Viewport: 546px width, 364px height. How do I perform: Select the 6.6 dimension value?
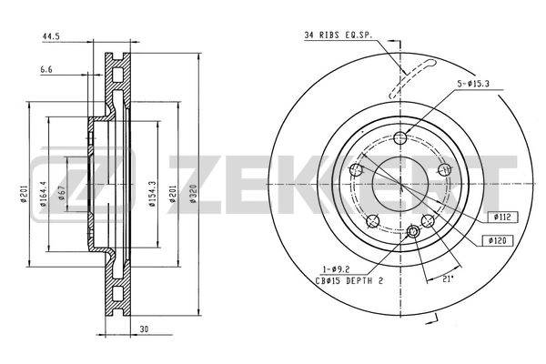click(x=45, y=68)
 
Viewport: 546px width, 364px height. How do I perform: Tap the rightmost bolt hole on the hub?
click(x=445, y=170)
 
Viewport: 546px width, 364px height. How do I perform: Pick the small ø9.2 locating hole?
click(x=414, y=233)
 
